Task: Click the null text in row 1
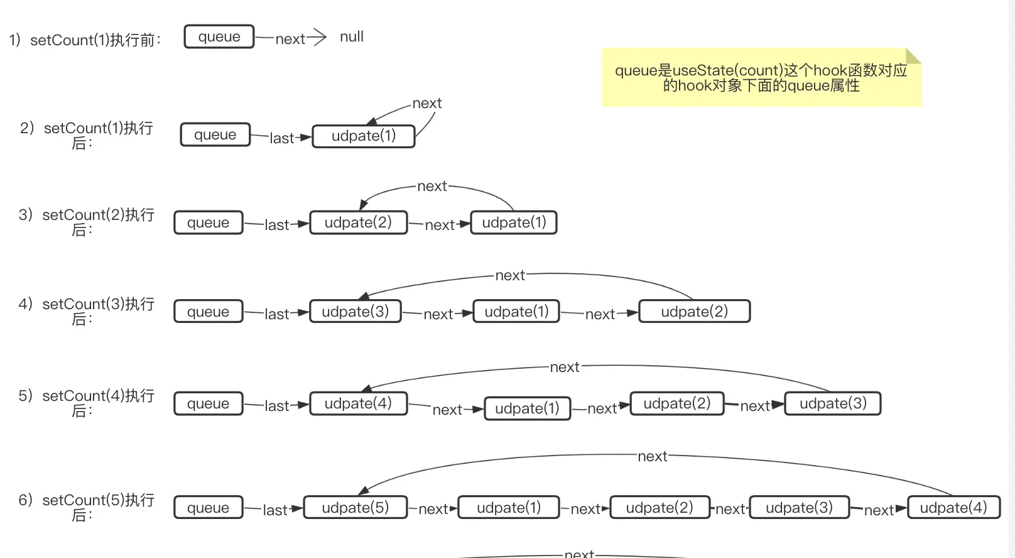click(351, 37)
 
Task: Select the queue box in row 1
click(219, 36)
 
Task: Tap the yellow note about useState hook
click(761, 78)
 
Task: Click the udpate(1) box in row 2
click(364, 136)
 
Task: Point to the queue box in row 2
click(215, 134)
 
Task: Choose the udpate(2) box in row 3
click(358, 222)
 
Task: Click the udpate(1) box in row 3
click(514, 222)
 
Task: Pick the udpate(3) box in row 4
click(356, 312)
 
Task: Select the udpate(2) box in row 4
click(694, 312)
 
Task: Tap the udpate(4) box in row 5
click(358, 403)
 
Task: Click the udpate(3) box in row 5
click(833, 403)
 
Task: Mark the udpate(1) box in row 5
click(527, 408)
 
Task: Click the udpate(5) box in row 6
click(356, 508)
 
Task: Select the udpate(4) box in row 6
click(953, 508)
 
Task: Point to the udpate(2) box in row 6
click(659, 508)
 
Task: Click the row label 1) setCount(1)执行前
click(85, 40)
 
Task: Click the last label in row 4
click(277, 314)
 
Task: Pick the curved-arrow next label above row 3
click(432, 187)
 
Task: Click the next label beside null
click(290, 39)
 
